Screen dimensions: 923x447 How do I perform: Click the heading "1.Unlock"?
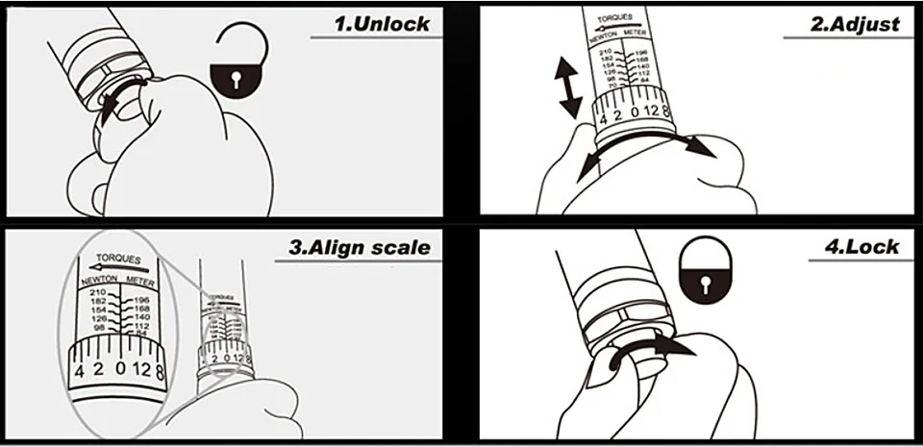point(382,23)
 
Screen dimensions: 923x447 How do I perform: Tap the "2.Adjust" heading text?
point(855,25)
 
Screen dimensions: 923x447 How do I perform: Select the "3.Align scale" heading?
point(360,247)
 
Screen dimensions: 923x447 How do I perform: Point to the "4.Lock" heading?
point(864,247)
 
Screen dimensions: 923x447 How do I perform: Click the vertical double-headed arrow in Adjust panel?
point(570,87)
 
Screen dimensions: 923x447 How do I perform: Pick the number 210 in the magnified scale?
point(95,291)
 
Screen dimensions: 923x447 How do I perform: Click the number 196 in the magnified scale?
point(142,300)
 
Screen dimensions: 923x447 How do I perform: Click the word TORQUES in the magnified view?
point(119,260)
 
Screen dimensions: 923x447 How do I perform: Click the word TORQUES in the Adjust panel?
point(616,19)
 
